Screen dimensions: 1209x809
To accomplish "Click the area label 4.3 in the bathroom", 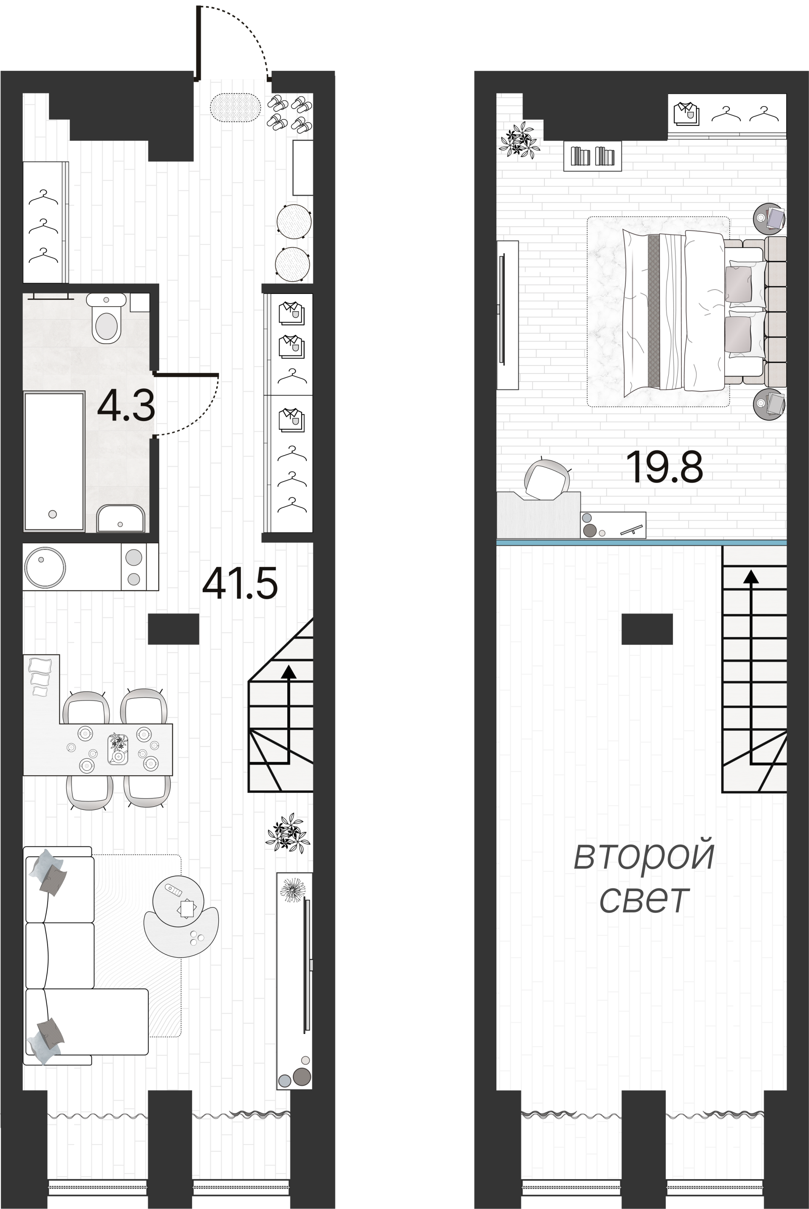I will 126,407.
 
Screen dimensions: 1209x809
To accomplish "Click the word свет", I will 644,899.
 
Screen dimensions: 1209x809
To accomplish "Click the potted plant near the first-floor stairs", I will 288,833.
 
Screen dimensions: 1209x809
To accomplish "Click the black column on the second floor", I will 646,629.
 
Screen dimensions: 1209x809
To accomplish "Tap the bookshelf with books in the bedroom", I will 592,156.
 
